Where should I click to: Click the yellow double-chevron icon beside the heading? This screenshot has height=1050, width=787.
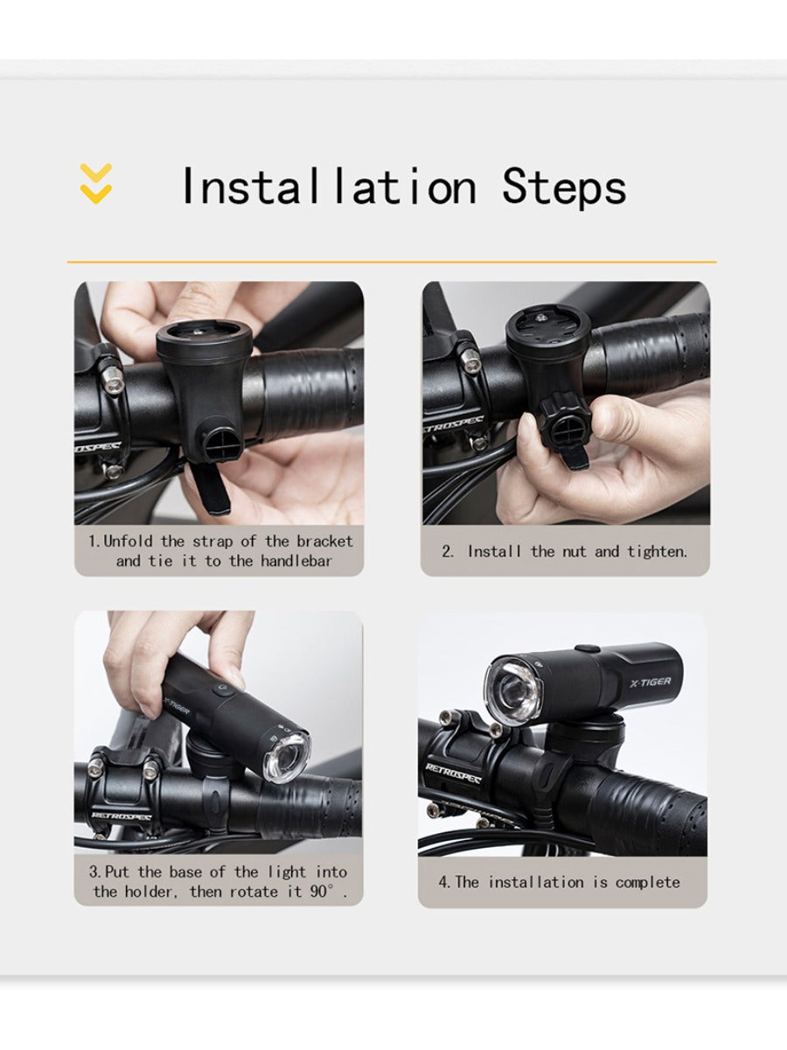pos(96,183)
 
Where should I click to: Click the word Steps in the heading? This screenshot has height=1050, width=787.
pos(564,187)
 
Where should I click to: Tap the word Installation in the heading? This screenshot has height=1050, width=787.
pos(330,186)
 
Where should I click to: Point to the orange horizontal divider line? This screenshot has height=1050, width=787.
pos(392,262)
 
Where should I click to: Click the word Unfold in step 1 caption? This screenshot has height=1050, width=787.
pos(128,541)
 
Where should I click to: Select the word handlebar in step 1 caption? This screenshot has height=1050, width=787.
pos(296,561)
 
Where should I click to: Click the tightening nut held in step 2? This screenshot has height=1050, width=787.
pos(566,420)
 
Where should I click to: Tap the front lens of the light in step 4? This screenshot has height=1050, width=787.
pos(512,689)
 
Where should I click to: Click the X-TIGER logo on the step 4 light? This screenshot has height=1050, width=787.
pos(650,682)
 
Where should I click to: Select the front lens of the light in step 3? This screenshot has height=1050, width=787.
pos(287,757)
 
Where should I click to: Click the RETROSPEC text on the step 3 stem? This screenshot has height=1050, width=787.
pos(122,815)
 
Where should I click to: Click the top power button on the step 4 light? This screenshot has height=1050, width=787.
pos(588,648)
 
